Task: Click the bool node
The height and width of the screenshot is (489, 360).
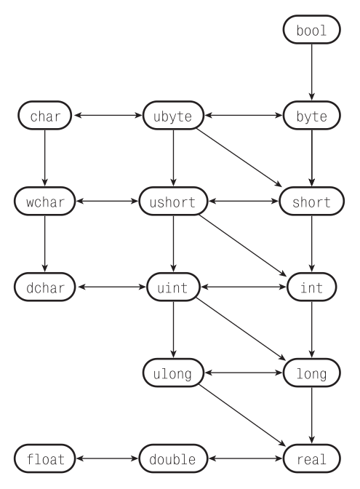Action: pos(311,31)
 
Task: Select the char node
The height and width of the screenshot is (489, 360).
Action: pos(44,116)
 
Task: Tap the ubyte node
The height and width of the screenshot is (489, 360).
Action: pos(173,116)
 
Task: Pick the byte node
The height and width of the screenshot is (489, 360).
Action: pos(311,116)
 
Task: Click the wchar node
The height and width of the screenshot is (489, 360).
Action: pos(44,202)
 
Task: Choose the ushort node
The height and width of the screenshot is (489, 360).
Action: pos(173,202)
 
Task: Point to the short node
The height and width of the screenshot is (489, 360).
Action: pos(311,202)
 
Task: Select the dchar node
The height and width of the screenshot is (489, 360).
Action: pos(44,287)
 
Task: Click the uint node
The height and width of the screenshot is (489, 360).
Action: pos(173,287)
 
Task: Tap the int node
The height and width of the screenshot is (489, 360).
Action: pos(311,287)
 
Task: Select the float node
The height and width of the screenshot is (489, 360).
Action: pos(44,459)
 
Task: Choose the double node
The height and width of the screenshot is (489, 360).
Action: pos(173,459)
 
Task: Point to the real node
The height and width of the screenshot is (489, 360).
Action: pos(311,459)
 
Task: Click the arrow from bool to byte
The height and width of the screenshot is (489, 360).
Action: pos(311,73)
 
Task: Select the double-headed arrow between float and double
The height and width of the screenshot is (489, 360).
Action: pos(108,459)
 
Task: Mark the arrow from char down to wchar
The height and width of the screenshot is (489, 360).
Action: pos(44,159)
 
